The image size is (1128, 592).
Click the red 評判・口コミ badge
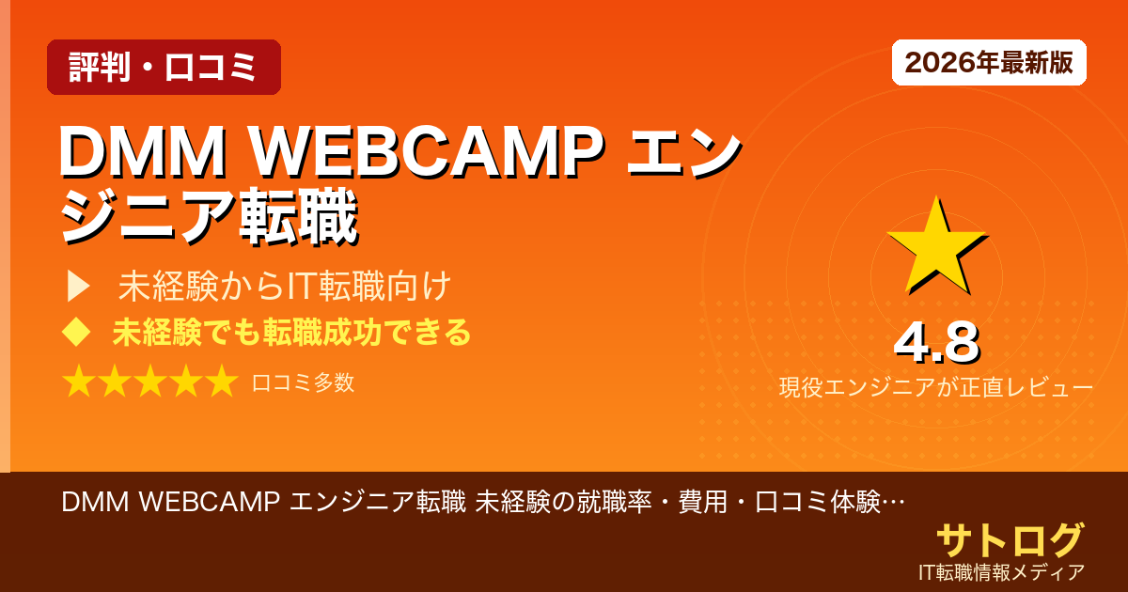click(164, 68)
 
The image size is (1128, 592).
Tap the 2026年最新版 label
click(989, 63)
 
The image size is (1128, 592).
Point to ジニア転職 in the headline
click(209, 219)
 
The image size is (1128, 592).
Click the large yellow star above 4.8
click(934, 246)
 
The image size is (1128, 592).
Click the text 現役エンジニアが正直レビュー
click(935, 387)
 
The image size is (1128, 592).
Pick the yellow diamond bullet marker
click(75, 332)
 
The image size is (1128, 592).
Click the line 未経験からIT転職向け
click(286, 286)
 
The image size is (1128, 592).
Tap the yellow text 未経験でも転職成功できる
click(291, 332)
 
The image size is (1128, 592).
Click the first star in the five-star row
click(79, 382)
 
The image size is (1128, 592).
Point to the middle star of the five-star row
click(149, 382)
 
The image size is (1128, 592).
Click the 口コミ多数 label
click(303, 382)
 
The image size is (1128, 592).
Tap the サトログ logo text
click(1010, 540)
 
